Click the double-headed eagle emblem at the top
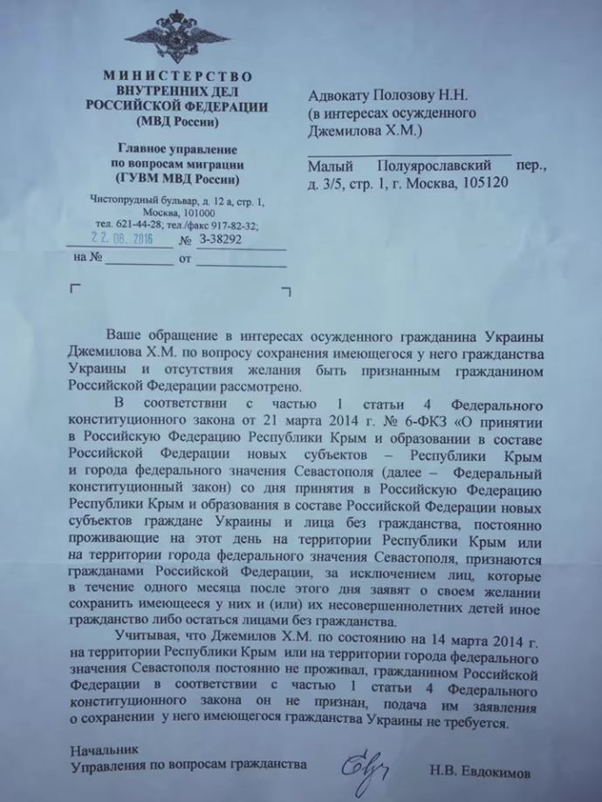click(177, 37)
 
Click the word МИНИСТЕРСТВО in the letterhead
click(177, 76)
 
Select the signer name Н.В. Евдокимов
click(479, 771)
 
